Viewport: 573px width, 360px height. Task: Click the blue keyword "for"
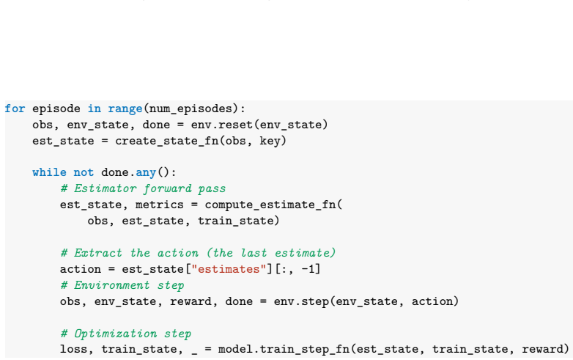pyautogui.click(x=15, y=109)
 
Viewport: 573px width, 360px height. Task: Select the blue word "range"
pyautogui.click(x=125, y=109)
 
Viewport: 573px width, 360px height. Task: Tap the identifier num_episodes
pyautogui.click(x=191, y=109)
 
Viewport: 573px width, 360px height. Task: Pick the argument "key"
pyautogui.click(x=270, y=141)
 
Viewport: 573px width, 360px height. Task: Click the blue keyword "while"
pyautogui.click(x=49, y=172)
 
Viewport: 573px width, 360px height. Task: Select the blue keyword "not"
pyautogui.click(x=84, y=172)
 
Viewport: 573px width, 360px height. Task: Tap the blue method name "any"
pyautogui.click(x=146, y=172)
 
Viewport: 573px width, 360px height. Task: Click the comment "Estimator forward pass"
pyautogui.click(x=149, y=188)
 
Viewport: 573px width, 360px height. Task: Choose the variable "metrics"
pyautogui.click(x=160, y=205)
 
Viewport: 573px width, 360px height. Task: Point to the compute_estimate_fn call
pyautogui.click(x=270, y=205)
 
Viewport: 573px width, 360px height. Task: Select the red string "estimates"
pyautogui.click(x=229, y=269)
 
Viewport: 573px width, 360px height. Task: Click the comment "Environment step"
pyautogui.click(x=129, y=285)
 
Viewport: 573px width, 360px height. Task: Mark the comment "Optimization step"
pyautogui.click(x=133, y=334)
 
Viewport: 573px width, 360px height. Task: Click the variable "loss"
pyautogui.click(x=74, y=350)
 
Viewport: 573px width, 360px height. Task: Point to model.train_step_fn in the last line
pyautogui.click(x=284, y=350)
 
